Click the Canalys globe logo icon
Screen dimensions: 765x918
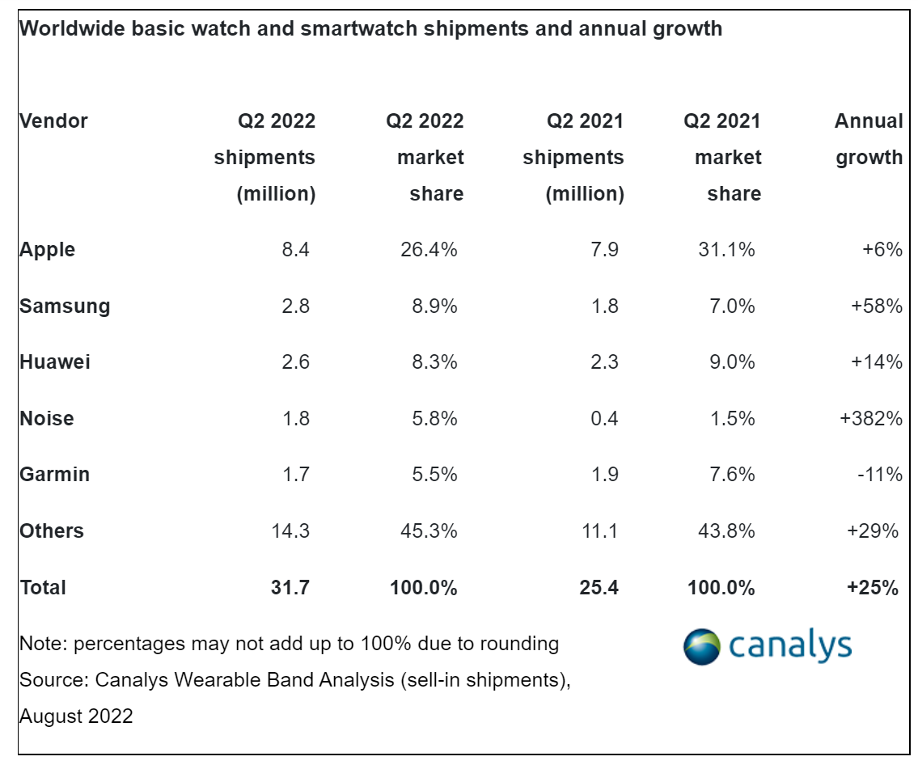(701, 647)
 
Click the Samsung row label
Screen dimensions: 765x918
(65, 306)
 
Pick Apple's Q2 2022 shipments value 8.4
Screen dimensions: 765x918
(295, 250)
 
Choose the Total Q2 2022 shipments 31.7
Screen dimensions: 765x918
(290, 588)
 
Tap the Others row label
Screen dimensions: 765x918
(52, 531)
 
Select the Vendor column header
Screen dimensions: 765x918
(53, 121)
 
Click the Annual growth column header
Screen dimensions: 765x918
(869, 139)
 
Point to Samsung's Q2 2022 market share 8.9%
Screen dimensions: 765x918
(434, 306)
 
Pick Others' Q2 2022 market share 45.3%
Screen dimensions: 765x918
(429, 531)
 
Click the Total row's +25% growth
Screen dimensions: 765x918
(873, 588)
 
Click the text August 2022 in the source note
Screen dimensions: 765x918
(76, 716)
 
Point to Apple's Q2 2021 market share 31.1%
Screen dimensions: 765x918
(726, 250)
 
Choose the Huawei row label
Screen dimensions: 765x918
(55, 362)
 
